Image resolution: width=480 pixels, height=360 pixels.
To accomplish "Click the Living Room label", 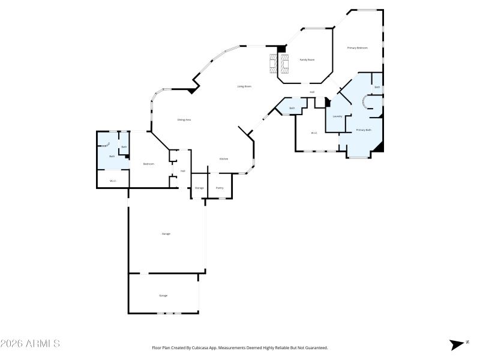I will coord(244,86).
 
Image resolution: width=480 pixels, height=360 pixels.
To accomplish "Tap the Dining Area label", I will coord(184,120).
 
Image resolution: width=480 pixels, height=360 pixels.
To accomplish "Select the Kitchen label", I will coord(223,159).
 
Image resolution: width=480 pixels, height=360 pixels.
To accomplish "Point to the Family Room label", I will coord(307,60).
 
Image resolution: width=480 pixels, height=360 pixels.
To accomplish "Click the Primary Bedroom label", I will coord(358,47).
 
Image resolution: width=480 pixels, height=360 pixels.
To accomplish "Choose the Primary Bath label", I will coord(364,130).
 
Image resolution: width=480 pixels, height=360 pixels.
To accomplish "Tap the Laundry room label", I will coord(338,116).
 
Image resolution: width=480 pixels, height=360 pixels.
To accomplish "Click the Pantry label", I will coord(220,188).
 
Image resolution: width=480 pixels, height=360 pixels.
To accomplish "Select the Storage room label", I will coord(199,188).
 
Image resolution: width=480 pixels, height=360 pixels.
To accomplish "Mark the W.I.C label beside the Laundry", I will coord(314,133).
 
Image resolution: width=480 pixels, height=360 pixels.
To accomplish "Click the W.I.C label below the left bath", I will coord(112,181).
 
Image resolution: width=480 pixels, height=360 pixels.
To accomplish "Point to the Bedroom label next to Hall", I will coord(148,164).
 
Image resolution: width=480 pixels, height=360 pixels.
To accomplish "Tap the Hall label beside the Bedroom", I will coord(182,171).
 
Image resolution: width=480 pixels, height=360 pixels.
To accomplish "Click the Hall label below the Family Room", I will coord(312,92).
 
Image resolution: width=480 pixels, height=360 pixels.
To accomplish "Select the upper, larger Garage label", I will coord(166,233).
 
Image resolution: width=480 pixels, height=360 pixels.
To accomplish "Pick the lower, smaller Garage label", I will coord(163,296).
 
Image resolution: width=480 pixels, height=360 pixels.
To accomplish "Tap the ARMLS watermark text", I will coord(30,344).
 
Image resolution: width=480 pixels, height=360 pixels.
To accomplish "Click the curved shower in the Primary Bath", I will coord(364,103).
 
